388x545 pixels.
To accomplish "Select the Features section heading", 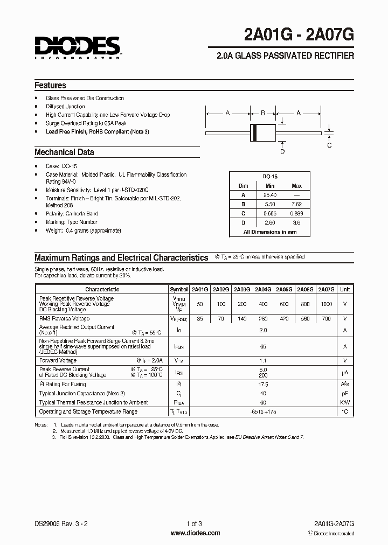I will click(x=50, y=85).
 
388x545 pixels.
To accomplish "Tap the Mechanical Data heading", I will click(x=64, y=152).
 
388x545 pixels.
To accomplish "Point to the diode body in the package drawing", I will click(x=264, y=131).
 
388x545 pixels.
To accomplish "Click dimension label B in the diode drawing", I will click(x=263, y=113).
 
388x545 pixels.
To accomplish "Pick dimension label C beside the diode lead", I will click(x=329, y=145).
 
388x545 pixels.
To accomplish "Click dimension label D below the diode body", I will click(x=282, y=152).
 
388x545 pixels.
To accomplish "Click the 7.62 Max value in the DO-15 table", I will click(x=296, y=204).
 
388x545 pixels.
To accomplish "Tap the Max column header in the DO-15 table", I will click(x=296, y=186).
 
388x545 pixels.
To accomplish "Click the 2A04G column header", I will click(x=262, y=289).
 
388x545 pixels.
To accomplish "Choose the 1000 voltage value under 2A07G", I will click(x=327, y=304).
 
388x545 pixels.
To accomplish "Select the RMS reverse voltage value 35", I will click(x=199, y=318).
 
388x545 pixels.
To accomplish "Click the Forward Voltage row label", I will click(x=58, y=361).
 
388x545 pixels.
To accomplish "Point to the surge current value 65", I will click(x=264, y=347).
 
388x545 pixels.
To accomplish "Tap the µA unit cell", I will click(x=344, y=372).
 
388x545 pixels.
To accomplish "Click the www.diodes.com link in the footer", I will click(x=195, y=533).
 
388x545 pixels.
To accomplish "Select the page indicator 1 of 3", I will click(x=194, y=524).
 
